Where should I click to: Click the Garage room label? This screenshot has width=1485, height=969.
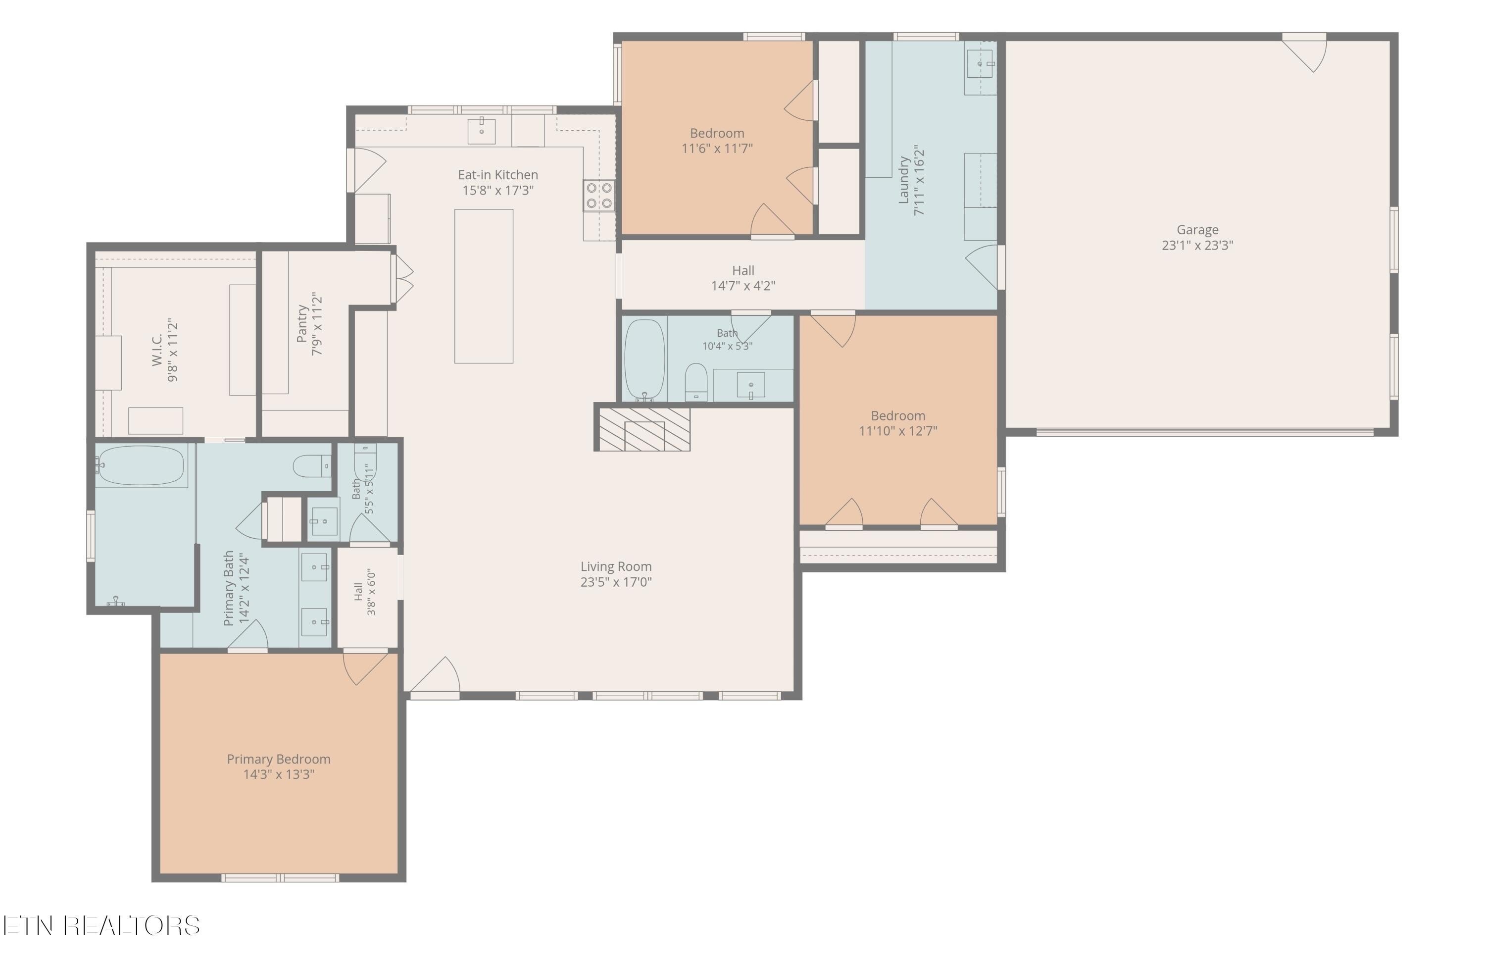point(1197,230)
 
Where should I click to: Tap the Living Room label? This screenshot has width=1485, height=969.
point(616,566)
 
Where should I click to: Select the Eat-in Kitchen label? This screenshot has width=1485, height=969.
point(498,175)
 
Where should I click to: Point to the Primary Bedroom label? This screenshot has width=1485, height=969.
point(278,759)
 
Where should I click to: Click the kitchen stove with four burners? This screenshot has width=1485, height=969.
point(599,195)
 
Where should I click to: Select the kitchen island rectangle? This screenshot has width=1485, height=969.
point(484,286)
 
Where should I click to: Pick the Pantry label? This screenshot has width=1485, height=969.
point(302,324)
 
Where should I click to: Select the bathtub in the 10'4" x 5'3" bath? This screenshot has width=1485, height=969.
point(644,360)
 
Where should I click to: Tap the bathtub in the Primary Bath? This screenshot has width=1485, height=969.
point(141,465)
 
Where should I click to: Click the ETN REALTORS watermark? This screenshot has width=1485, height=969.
point(101,925)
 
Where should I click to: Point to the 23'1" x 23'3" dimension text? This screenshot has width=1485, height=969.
point(1197,245)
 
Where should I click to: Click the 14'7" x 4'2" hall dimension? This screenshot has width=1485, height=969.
point(743,286)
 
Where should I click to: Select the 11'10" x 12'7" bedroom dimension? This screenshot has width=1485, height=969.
point(898,430)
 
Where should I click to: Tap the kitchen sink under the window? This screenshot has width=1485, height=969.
point(482,131)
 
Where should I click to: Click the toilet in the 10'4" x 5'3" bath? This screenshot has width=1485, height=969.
point(695,382)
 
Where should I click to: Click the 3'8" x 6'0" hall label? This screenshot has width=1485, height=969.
point(365,592)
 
